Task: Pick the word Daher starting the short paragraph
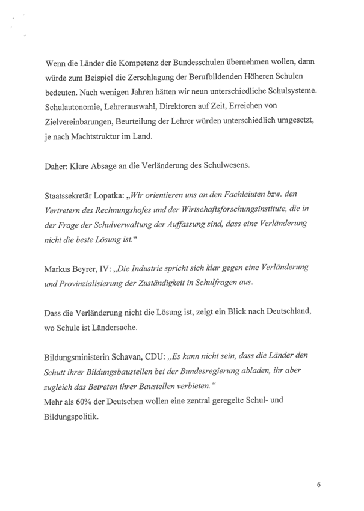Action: click(x=57, y=166)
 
